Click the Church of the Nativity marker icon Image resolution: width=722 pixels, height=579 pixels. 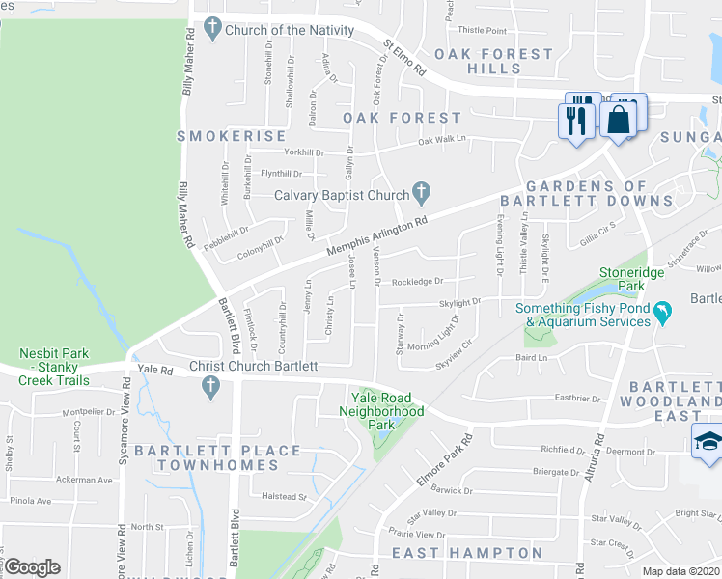tap(212, 30)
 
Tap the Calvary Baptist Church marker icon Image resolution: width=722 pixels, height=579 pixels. tap(421, 194)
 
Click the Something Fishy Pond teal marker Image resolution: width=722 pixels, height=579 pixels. tap(662, 313)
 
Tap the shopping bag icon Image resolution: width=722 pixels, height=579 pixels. tap(619, 120)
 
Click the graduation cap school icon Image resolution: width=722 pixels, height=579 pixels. tap(708, 443)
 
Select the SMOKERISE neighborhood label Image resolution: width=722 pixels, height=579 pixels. tap(232, 136)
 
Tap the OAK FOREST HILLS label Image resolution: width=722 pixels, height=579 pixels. tap(493, 62)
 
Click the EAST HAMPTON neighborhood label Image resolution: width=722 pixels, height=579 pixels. tap(467, 553)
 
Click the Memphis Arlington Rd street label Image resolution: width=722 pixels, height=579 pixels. tap(376, 236)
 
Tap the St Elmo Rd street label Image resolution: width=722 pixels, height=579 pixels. tap(404, 57)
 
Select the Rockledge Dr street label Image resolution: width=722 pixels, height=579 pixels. tap(417, 282)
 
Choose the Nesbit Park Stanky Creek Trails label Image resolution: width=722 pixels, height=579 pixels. tap(54, 367)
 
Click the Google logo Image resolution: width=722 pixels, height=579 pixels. tap(31, 567)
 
